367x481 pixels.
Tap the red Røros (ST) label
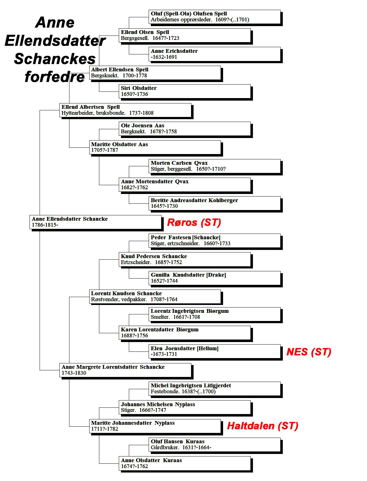coord(194,222)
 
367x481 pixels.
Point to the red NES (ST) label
coord(309,352)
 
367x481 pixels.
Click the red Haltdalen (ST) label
coord(263,426)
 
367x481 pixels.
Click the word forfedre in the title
coord(55,77)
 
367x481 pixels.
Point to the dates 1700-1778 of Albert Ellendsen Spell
coord(135,75)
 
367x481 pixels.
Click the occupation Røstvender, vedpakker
coord(119,299)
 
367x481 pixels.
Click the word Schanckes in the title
coord(55,59)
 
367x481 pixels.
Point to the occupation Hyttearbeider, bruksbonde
coord(94,113)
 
